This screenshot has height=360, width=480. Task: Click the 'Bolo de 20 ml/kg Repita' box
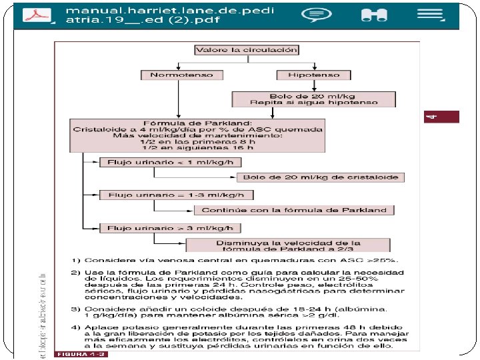click(x=313, y=99)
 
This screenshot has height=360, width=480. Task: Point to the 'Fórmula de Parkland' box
click(x=197, y=135)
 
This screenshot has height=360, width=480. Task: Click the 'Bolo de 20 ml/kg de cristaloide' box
click(x=320, y=177)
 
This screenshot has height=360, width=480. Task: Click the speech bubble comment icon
click(x=315, y=15)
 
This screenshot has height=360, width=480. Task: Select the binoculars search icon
click(x=369, y=15)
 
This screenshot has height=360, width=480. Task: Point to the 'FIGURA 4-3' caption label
click(x=81, y=353)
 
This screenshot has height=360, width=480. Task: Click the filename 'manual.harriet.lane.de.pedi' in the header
click(x=170, y=11)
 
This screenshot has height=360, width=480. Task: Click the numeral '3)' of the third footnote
click(x=77, y=309)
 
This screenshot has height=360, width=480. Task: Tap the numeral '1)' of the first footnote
click(x=77, y=259)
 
